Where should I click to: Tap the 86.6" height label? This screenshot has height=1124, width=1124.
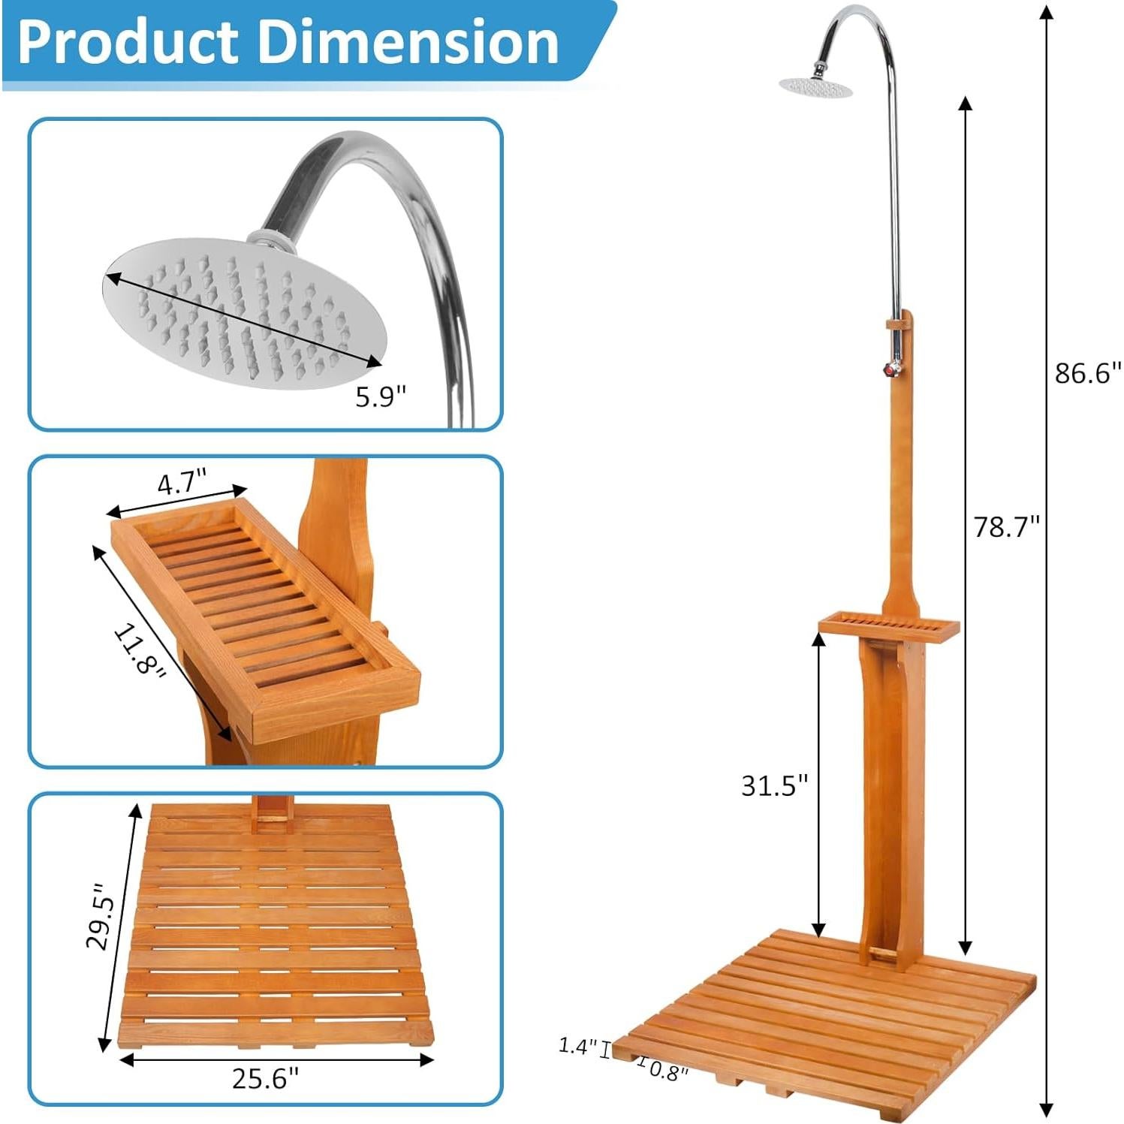pyautogui.click(x=1086, y=373)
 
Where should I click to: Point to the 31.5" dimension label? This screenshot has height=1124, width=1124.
pyautogui.click(x=774, y=785)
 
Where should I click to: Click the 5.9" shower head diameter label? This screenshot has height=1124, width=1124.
pyautogui.click(x=380, y=396)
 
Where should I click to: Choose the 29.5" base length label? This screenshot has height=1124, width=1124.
pyautogui.click(x=101, y=915)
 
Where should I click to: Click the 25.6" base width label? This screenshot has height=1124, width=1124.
pyautogui.click(x=265, y=1079)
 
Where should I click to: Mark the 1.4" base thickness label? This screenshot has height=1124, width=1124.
pyautogui.click(x=577, y=1045)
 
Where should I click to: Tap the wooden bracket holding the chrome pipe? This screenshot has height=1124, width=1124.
pyautogui.click(x=899, y=324)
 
